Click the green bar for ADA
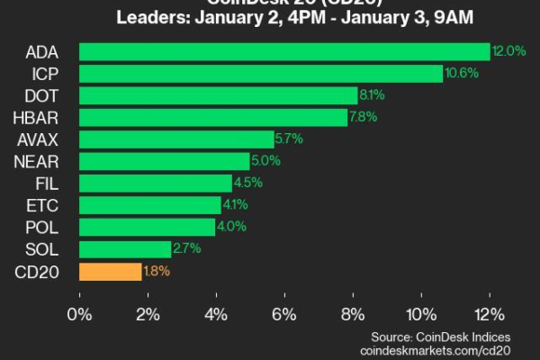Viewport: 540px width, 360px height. point(284,52)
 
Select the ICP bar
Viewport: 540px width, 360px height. point(261,74)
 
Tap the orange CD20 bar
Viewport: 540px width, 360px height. point(111,271)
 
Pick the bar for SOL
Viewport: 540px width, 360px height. point(125,249)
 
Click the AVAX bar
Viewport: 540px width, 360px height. point(176,139)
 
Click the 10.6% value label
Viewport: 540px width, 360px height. point(459,74)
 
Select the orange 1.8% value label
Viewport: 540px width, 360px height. point(157,271)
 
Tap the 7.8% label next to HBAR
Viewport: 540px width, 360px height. point(363,118)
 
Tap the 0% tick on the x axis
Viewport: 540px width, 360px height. point(80,314)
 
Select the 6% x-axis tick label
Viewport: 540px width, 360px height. point(284,314)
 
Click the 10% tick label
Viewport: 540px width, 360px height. point(419,314)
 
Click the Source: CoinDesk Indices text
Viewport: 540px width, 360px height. point(443,335)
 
